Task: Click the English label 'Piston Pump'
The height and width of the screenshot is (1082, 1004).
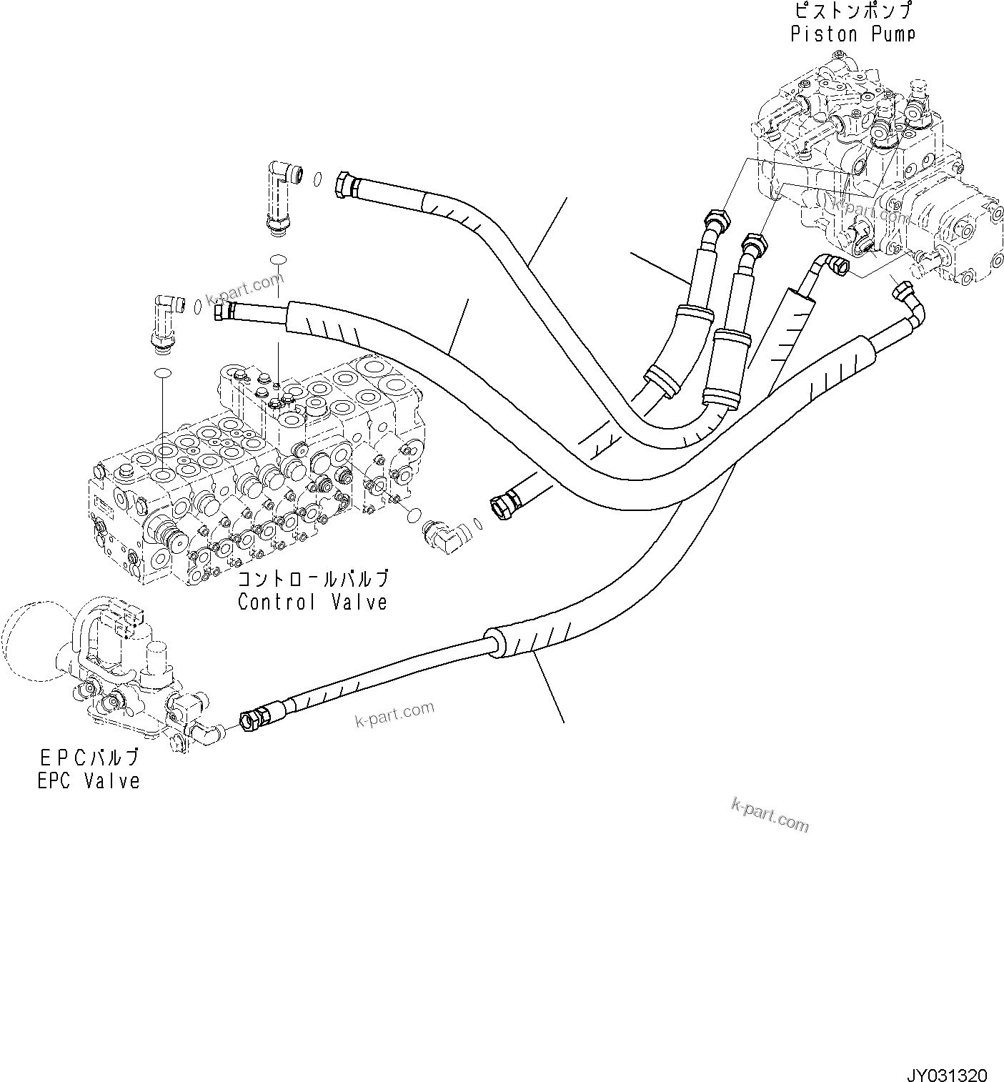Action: point(853,34)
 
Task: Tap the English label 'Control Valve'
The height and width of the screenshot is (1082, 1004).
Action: point(312,602)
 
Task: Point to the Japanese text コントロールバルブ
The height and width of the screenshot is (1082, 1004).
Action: point(313,578)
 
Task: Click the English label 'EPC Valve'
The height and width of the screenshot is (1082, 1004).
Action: point(89,780)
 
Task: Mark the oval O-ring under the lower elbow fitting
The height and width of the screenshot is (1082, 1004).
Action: point(164,372)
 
